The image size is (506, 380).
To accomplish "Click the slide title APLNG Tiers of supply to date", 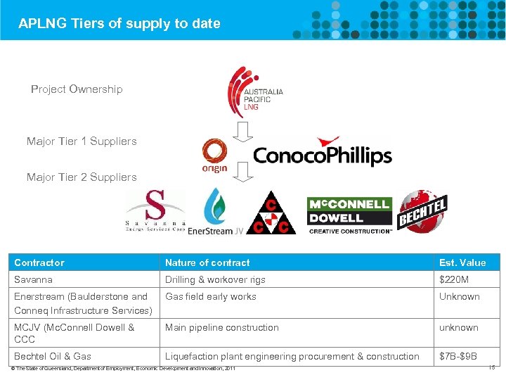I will pos(119,23).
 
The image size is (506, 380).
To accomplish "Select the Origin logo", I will pos(214,156).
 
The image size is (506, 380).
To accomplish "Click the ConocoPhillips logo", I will pos(322,154).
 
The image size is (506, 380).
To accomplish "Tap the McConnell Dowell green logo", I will pos(349,215).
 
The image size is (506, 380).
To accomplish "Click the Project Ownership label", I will pos(77,89).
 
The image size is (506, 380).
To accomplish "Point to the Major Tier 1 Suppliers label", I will pos(82,141).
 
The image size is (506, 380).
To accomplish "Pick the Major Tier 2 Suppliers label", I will pos(82,177).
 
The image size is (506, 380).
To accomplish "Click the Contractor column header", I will pos(39,262).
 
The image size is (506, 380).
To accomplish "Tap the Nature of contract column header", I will pos(207,262).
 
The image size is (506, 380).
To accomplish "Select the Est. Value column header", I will pos(462,262).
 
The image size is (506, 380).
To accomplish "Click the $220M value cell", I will pos(453,279).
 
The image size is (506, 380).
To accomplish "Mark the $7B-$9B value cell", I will pos(458,356).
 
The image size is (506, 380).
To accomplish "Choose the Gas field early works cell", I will pos(211,296).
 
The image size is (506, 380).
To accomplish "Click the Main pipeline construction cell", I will pos(222,327).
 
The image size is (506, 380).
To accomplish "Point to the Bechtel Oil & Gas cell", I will pos(53,356).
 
